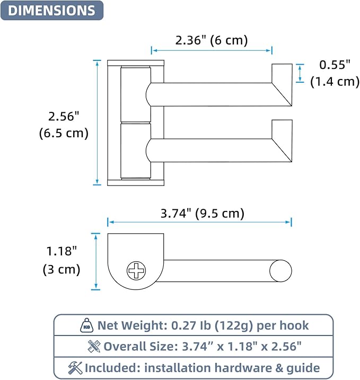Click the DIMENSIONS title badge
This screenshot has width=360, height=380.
[52, 11]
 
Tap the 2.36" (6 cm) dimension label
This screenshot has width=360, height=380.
[212, 40]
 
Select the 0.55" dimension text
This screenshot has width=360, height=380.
[335, 65]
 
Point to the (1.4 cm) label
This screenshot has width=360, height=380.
[335, 82]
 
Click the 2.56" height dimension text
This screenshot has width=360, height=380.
[64, 116]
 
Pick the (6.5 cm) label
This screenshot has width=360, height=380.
[64, 133]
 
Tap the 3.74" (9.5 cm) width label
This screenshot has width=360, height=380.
[203, 214]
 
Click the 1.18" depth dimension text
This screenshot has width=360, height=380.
[62, 251]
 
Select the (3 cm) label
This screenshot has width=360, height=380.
[62, 269]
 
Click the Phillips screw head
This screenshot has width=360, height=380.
[136, 270]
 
